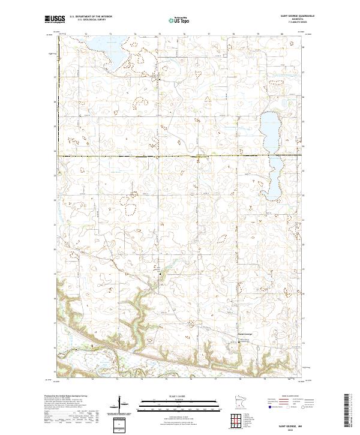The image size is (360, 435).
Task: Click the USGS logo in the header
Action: pos(55,19)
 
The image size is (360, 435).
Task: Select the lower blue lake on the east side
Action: pos(276,177)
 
